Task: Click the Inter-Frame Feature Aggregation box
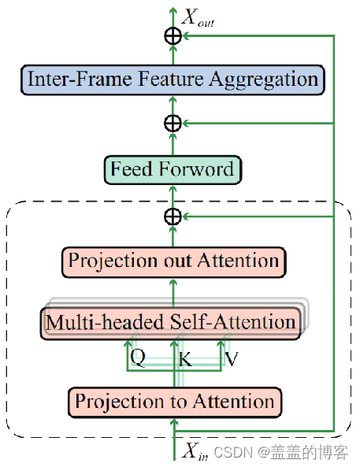(x=173, y=79)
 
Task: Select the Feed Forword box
(x=173, y=169)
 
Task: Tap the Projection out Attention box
(x=173, y=261)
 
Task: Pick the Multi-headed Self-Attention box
(x=171, y=322)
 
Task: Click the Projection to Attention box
(x=174, y=402)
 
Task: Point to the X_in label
(x=195, y=451)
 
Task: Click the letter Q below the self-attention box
(x=138, y=358)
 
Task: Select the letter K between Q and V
(x=185, y=360)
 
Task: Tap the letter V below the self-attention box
(x=232, y=358)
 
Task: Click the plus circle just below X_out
(x=173, y=35)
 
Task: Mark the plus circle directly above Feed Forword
(x=173, y=123)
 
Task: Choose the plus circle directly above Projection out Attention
(x=173, y=215)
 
